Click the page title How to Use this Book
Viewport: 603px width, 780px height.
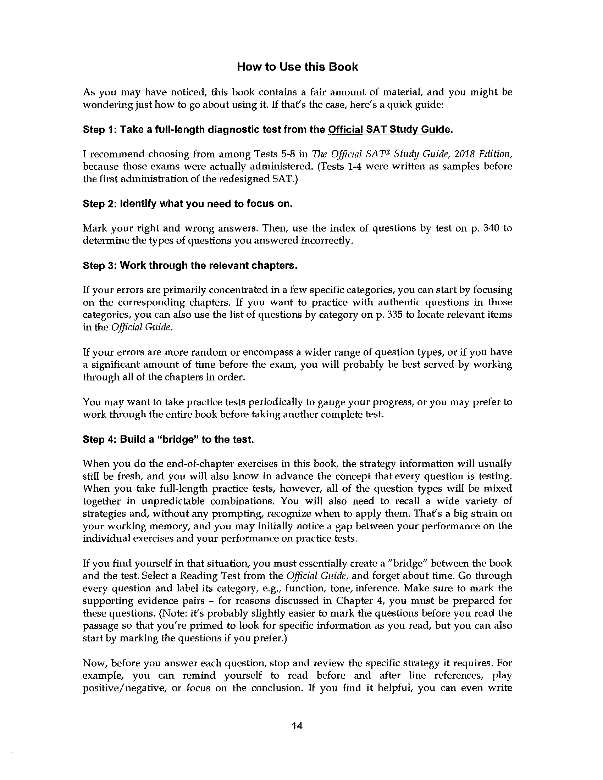297,67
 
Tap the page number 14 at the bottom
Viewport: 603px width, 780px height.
297,726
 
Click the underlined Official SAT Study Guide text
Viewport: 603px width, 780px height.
388,129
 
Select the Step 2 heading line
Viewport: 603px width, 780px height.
188,204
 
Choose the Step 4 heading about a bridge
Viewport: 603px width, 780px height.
168,439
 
